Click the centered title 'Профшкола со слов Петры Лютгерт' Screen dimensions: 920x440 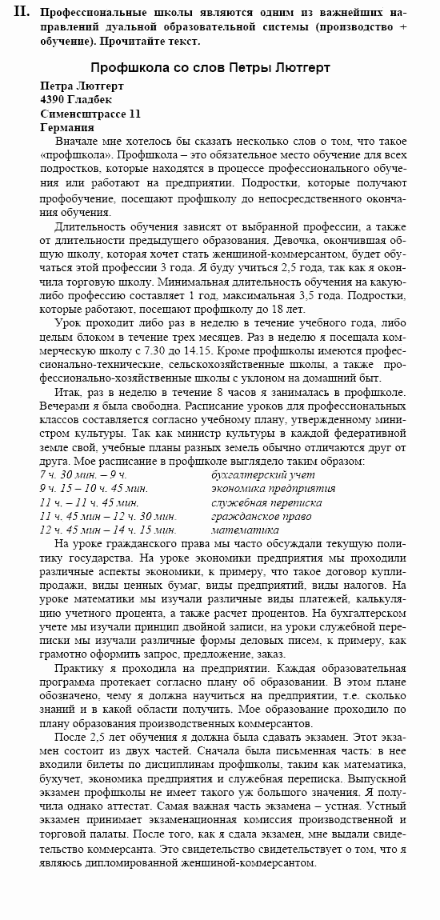pyautogui.click(x=210, y=68)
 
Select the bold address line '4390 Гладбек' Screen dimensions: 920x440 pyautogui.click(x=76, y=99)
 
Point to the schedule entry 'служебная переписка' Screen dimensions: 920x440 pyautogui.click(x=266, y=503)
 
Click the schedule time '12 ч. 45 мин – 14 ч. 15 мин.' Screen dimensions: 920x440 pyautogui.click(x=107, y=530)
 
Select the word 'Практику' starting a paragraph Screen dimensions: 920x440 pyautogui.click(x=79, y=668)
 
